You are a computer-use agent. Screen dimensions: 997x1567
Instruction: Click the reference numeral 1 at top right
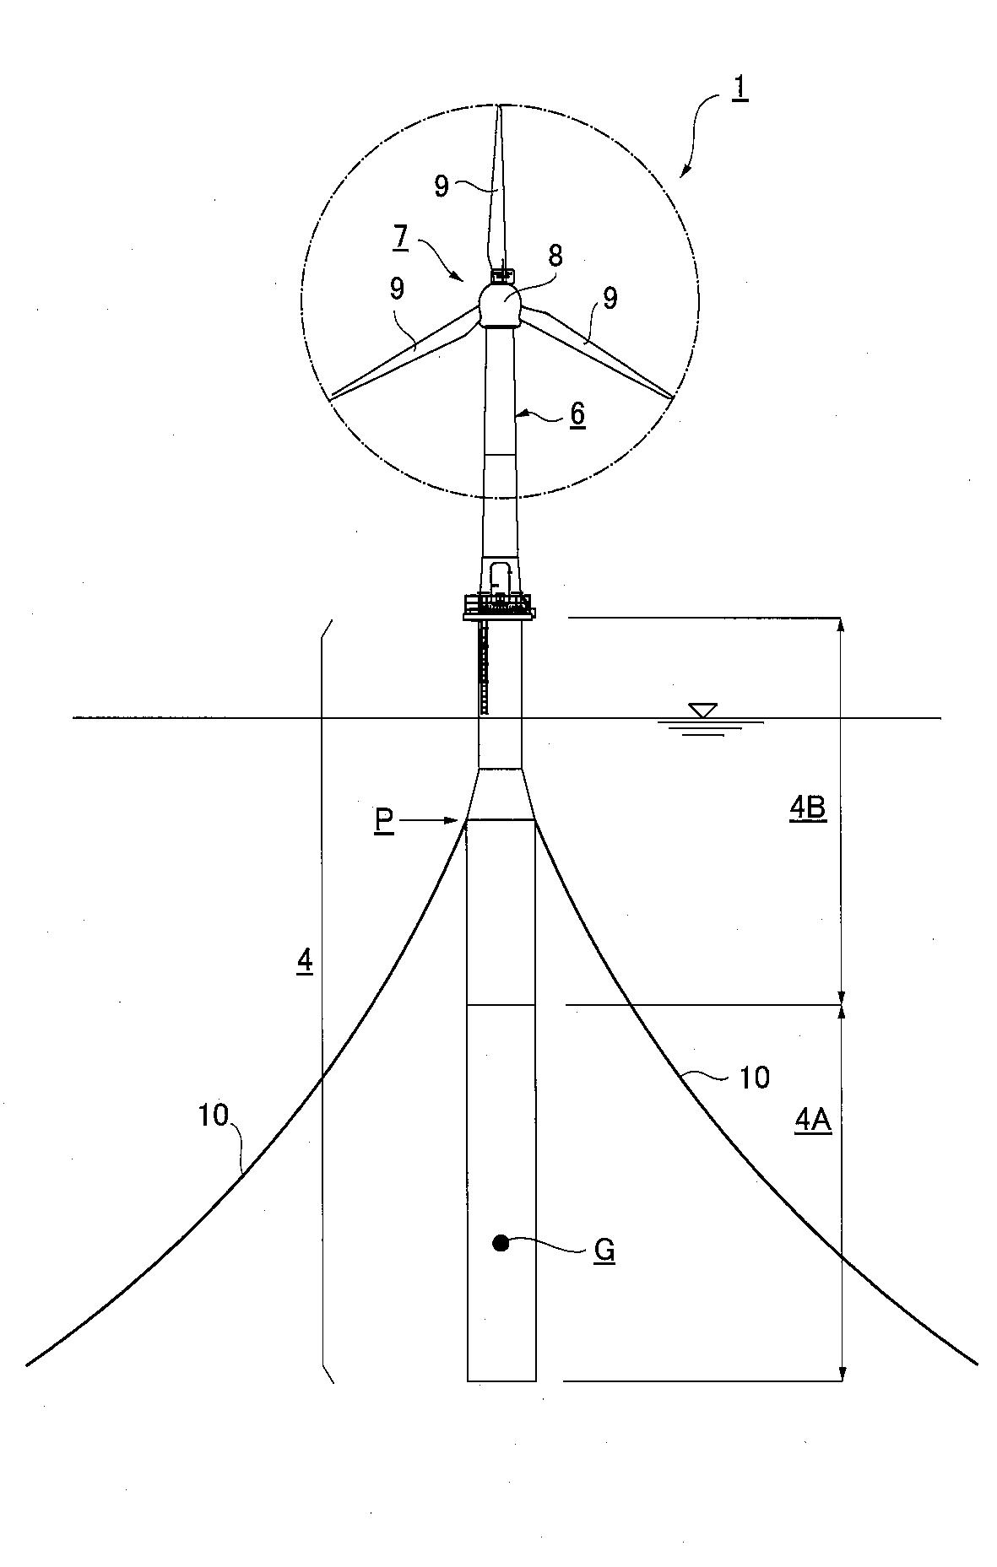point(739,88)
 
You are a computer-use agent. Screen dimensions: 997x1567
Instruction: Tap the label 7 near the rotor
point(400,237)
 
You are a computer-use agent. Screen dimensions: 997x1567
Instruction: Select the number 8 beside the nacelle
point(555,256)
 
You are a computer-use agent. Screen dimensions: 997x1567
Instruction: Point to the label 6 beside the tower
point(577,414)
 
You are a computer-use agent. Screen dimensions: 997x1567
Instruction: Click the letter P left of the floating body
point(385,821)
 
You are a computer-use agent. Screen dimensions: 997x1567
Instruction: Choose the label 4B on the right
point(807,808)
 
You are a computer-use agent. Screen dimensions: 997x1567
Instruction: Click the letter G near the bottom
point(604,1251)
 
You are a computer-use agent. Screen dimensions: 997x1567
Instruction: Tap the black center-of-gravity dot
point(501,1242)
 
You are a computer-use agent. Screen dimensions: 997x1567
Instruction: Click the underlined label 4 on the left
point(305,961)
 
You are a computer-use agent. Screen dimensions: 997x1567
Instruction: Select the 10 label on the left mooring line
point(214,1116)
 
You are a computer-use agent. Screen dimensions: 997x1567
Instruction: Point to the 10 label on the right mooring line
point(754,1078)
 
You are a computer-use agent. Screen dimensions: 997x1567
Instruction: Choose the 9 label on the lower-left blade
point(397,289)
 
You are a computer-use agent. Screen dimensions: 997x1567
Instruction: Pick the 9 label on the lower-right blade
point(610,298)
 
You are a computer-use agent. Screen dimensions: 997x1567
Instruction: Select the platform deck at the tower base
point(499,608)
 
